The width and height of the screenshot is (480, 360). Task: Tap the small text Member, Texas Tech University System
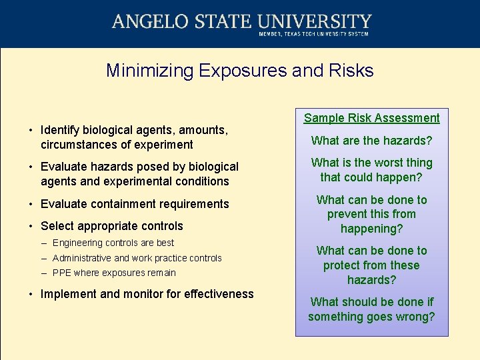click(x=313, y=34)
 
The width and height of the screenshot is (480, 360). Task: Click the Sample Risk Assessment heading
click(x=371, y=118)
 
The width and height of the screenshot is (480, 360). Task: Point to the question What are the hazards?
click(x=371, y=141)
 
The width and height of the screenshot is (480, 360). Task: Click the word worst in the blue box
click(x=387, y=163)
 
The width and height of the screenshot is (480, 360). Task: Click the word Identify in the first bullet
click(x=62, y=130)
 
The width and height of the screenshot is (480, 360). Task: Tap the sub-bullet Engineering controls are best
click(x=113, y=243)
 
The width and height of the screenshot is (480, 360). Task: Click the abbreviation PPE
click(x=62, y=273)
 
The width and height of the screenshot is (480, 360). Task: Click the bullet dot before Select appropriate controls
click(x=31, y=226)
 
